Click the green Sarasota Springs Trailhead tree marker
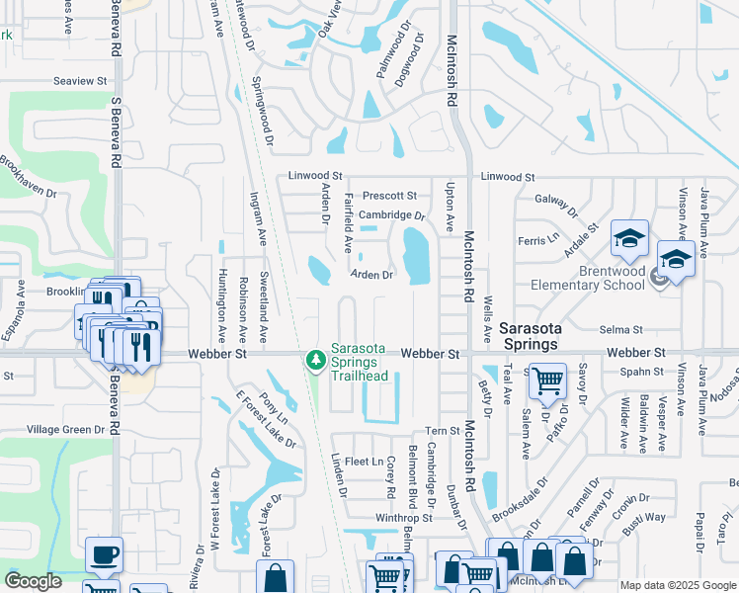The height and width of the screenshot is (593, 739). [x=316, y=361]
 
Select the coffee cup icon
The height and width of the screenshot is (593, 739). [x=104, y=554]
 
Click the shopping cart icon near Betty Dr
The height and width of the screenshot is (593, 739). [x=546, y=381]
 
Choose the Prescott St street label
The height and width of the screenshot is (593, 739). [x=388, y=196]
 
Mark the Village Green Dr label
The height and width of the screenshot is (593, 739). [x=65, y=429]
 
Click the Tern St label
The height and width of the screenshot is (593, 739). [x=436, y=430]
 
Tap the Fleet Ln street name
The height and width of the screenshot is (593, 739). [x=364, y=462]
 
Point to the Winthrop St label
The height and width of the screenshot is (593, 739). [x=403, y=517]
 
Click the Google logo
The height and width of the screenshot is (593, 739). [x=33, y=581]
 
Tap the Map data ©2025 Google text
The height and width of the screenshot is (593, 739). [x=677, y=585]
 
